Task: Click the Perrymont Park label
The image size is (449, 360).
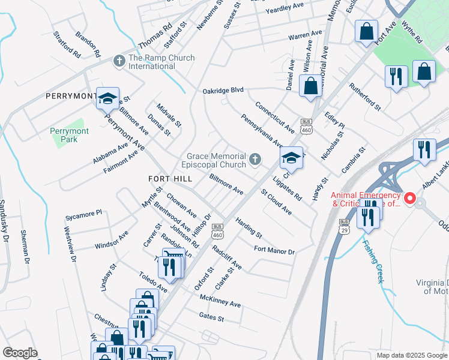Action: tap(70, 135)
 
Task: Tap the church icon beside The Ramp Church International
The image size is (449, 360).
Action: tap(119, 61)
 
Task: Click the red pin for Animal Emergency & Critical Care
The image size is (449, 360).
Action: tap(411, 197)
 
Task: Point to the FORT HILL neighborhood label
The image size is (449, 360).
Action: tap(170, 179)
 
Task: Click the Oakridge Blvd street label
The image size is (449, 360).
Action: tap(223, 90)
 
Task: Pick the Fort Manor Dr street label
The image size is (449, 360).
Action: tap(274, 251)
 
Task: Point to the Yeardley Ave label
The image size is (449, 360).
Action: tap(285, 8)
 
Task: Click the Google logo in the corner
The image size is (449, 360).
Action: tap(20, 353)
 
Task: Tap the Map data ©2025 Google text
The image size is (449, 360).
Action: tap(411, 355)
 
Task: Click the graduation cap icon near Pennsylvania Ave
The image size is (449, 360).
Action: tap(291, 158)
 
